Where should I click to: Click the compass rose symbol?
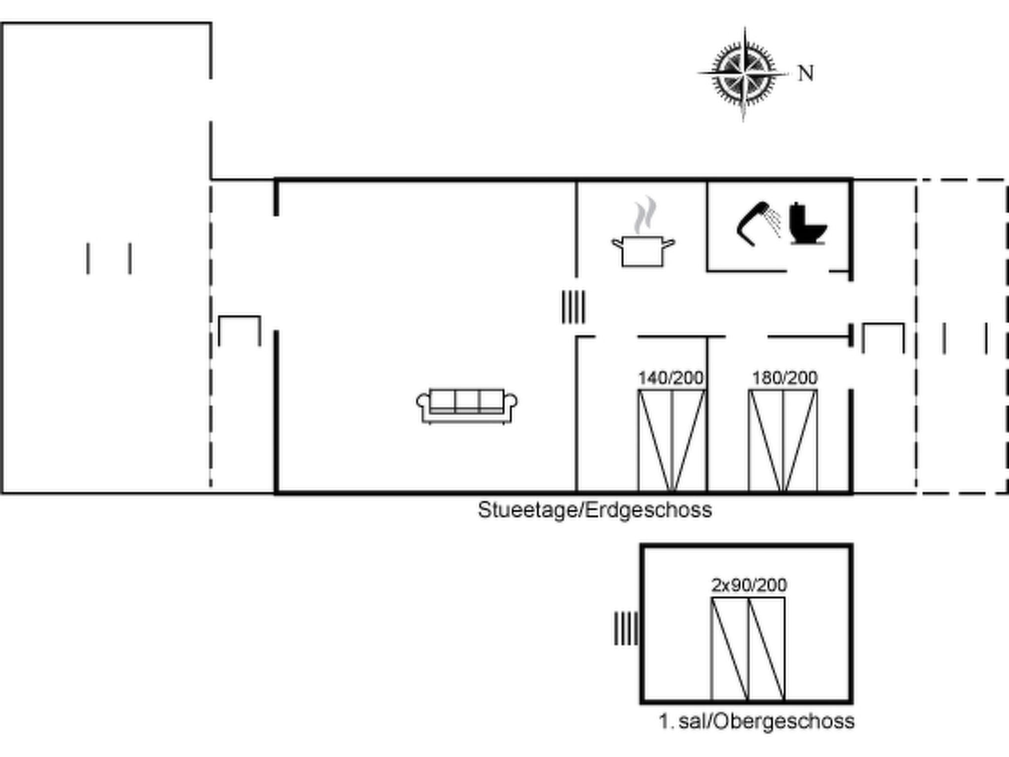pos(743,74)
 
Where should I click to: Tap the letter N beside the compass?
pos(806,73)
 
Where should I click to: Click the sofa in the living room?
pos(467,406)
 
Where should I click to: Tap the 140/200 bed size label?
pos(671,378)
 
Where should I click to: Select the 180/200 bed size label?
pos(785,378)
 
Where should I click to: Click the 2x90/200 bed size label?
pos(749,585)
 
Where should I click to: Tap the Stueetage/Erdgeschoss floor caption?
pos(595,510)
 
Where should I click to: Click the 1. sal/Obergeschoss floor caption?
pos(756,722)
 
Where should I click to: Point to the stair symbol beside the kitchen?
pos(573,307)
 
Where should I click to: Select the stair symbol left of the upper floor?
pos(626,628)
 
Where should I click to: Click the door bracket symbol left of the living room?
pos(239,317)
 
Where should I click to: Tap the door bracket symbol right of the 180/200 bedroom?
pos(883,324)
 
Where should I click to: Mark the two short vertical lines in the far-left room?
pos(109,258)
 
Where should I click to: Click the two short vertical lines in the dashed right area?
pos(965,338)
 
